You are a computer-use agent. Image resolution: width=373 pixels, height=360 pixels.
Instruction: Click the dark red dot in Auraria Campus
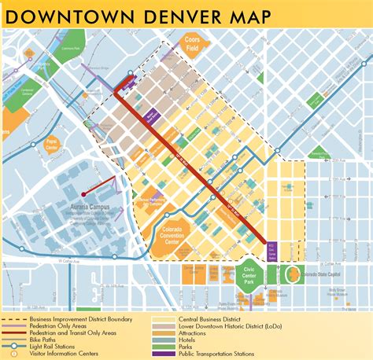click(x=82, y=193)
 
